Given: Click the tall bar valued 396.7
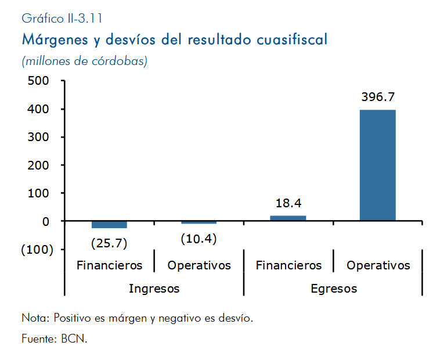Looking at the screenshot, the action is click(x=378, y=165).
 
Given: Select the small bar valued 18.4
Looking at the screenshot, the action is click(x=288, y=218).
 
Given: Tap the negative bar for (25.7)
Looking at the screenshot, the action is click(x=109, y=224).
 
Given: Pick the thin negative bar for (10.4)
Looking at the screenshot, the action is click(x=198, y=222).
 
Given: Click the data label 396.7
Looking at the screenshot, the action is click(x=378, y=97).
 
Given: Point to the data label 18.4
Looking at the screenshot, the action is click(x=288, y=203).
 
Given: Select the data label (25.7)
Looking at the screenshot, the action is click(x=109, y=243).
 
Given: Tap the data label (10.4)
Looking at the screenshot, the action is click(x=198, y=239).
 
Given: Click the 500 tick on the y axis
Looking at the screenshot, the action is click(x=38, y=81).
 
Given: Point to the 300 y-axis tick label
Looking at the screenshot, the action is click(x=38, y=137).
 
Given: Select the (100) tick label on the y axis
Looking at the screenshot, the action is click(x=37, y=250).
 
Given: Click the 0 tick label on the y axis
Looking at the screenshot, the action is click(x=46, y=221).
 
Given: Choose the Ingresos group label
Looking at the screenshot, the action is click(x=154, y=289).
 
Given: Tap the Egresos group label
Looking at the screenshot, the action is click(x=334, y=289).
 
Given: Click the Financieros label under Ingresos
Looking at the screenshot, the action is click(x=109, y=265).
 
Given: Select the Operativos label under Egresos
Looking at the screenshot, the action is click(x=378, y=266).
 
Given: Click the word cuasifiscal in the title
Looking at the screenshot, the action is click(x=292, y=39).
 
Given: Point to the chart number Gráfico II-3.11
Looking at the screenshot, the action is click(x=62, y=19).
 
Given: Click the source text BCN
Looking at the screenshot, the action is click(x=74, y=339).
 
